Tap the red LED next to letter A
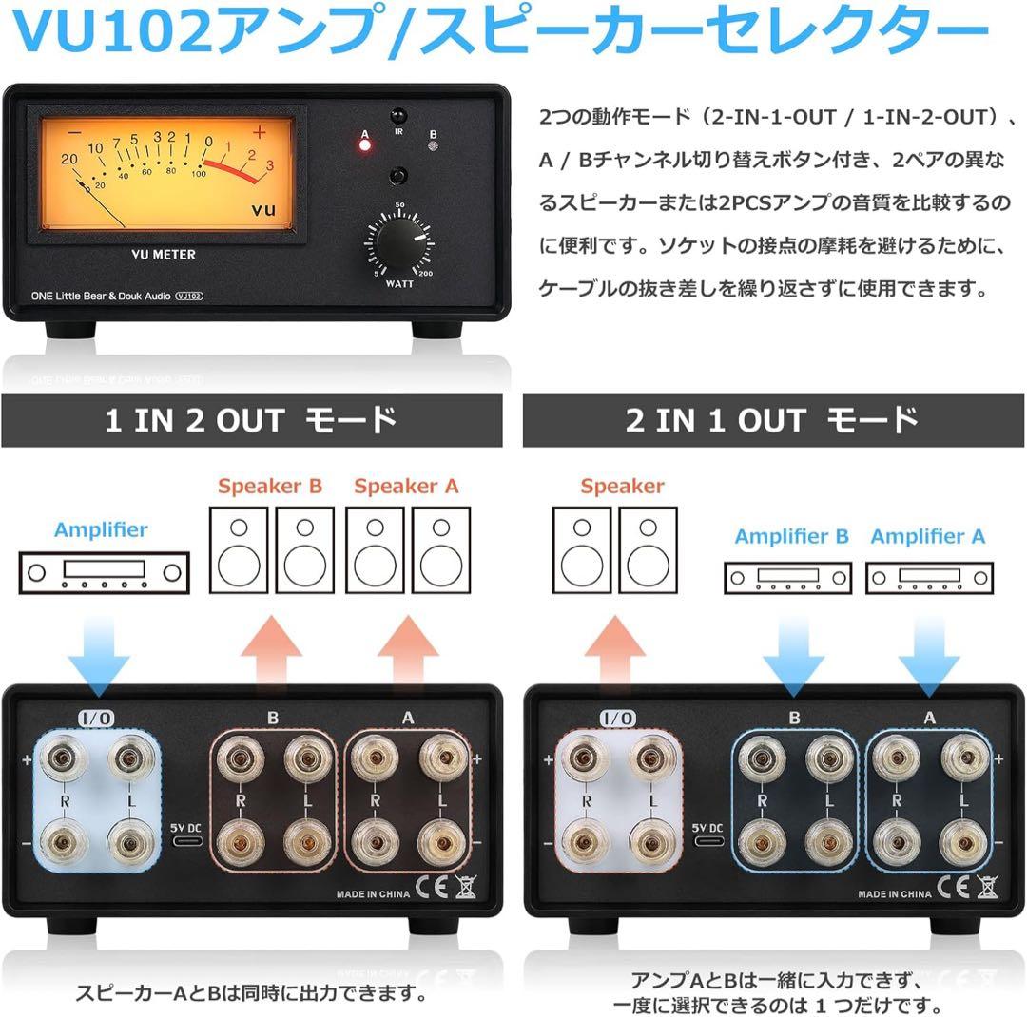pos(364,145)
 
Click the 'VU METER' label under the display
pos(164,255)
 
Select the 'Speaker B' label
pos(270,487)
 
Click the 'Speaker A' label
pos(406,487)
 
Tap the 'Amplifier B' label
pos(791,537)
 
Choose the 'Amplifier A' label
pos(927,537)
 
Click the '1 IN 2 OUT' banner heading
pos(251,421)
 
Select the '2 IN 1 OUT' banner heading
pos(772,421)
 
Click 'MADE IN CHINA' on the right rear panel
pos(895,894)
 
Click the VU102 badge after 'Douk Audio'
pos(192,297)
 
